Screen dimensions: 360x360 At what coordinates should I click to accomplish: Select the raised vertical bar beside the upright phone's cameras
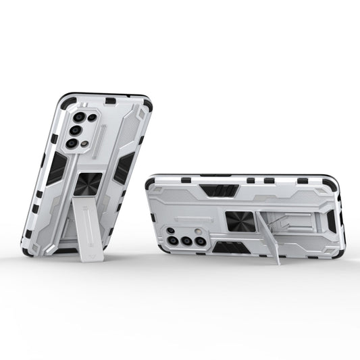[x=102, y=138]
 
